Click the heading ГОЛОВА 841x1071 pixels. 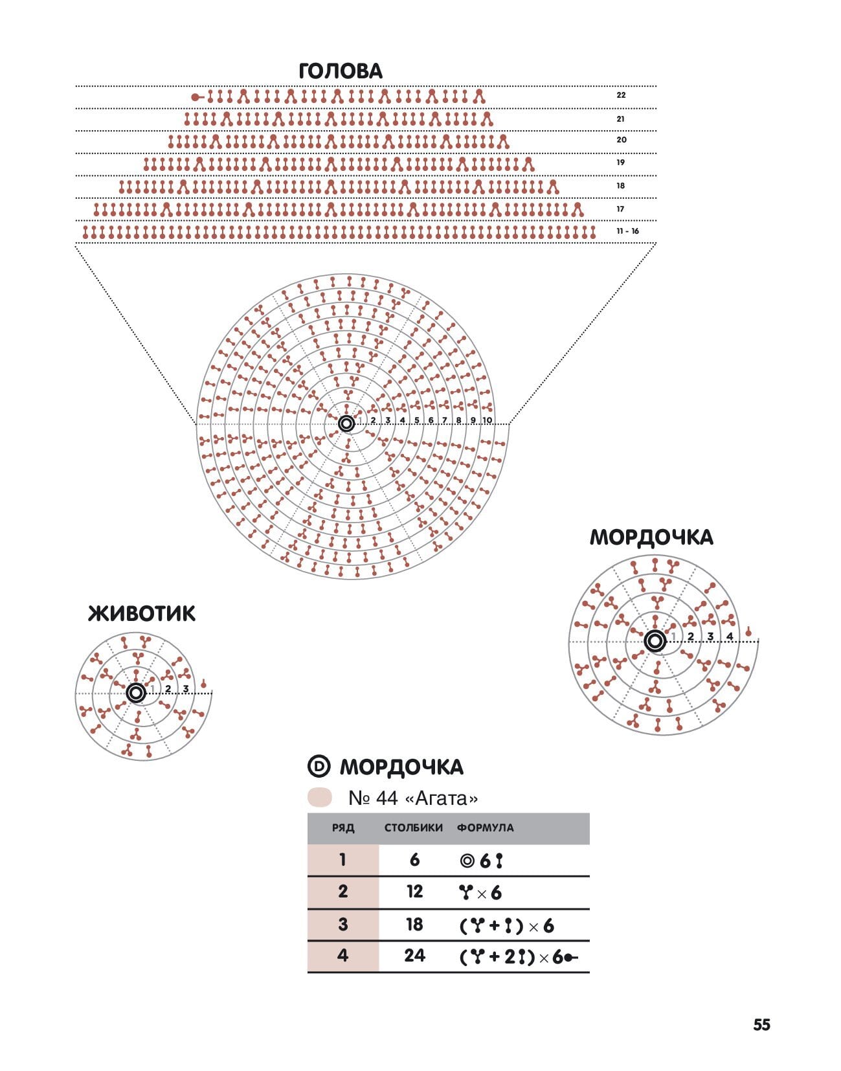point(341,71)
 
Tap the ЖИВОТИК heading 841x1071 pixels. point(142,614)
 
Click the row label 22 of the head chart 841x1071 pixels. point(621,95)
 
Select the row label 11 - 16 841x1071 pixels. point(627,231)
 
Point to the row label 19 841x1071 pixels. point(620,163)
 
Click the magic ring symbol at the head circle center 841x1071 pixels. point(346,423)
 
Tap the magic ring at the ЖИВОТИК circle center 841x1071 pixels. point(136,693)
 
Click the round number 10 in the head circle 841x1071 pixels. point(487,420)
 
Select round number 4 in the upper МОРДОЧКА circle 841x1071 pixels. point(730,637)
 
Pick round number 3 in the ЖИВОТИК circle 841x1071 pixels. point(186,689)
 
